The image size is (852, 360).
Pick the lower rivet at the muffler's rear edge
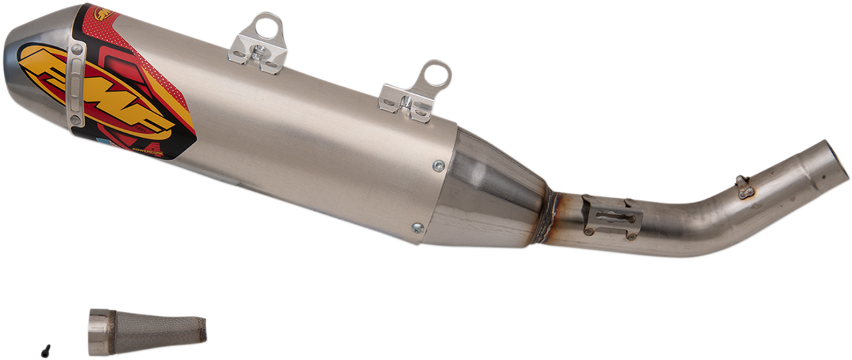[417, 227]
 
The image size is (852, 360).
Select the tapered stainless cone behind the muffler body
[493, 193]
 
